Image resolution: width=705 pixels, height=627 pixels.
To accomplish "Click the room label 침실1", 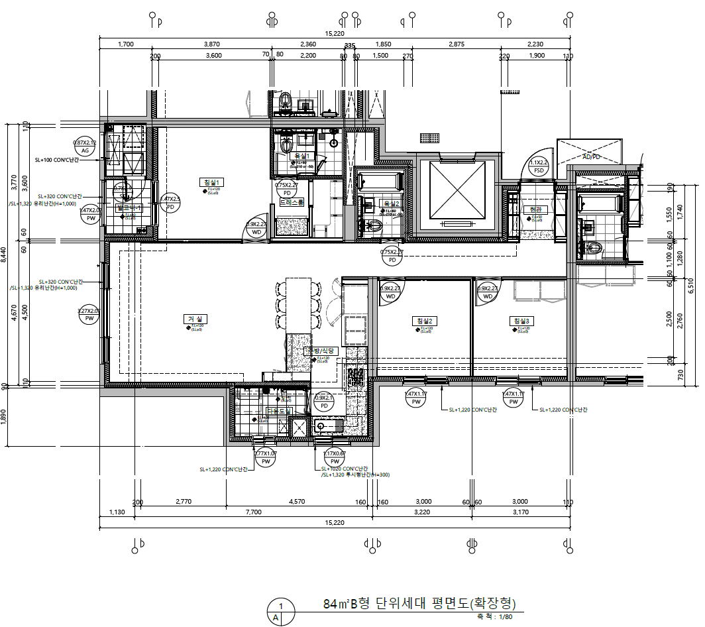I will (213, 182).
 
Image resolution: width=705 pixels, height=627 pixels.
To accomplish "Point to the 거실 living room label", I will (193, 319).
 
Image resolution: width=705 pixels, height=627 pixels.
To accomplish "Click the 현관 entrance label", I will (531, 209).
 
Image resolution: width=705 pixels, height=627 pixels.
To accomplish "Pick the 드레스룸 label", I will (292, 202).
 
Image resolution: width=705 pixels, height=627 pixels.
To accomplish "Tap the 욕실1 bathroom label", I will (303, 156).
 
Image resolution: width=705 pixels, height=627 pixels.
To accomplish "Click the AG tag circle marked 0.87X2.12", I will (85, 146).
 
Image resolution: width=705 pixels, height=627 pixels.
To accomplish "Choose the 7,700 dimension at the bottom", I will (253, 512).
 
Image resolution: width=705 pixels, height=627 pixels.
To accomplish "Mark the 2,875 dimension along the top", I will (456, 44).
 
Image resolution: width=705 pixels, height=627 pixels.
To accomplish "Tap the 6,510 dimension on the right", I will (690, 285).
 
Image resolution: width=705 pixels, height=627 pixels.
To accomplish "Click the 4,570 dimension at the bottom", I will (297, 502).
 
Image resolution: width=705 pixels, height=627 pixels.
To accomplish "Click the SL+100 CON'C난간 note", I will (57, 160).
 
